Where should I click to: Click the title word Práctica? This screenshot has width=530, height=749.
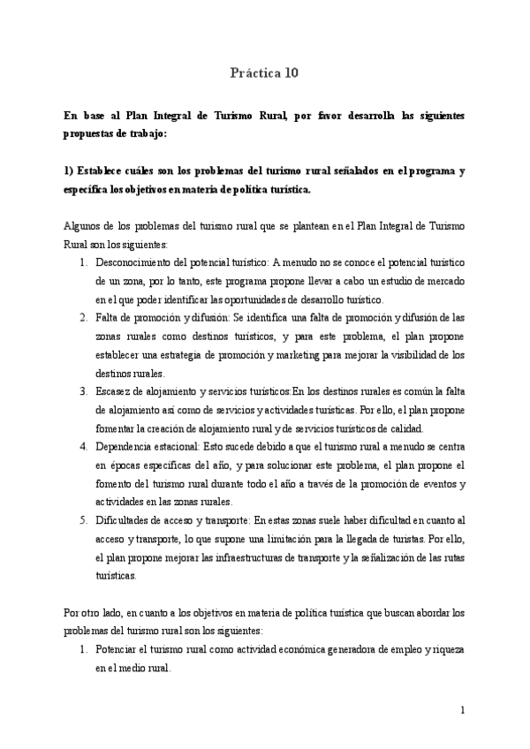point(251,74)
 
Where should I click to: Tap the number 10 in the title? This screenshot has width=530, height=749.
point(291,74)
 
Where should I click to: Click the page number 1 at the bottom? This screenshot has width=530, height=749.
point(462,711)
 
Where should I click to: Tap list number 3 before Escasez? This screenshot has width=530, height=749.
point(82,391)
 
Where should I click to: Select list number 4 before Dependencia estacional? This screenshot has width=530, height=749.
point(82,447)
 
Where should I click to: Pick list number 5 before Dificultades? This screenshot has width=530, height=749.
point(82,520)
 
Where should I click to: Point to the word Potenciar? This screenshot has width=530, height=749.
point(119,649)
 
